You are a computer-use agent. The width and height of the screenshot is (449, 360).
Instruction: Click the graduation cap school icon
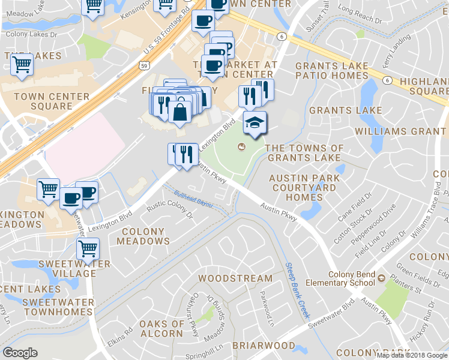(x=255, y=122)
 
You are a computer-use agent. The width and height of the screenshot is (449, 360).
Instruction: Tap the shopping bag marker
(x=179, y=112)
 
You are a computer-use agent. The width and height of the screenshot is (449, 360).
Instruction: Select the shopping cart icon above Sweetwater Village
(x=88, y=247)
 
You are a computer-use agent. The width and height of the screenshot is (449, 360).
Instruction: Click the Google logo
(x=20, y=353)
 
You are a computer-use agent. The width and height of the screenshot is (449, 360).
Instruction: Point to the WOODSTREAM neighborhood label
(x=235, y=278)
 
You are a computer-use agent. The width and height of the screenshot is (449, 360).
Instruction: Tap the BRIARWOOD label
(x=263, y=346)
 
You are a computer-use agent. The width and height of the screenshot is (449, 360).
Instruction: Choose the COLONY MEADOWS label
(x=143, y=236)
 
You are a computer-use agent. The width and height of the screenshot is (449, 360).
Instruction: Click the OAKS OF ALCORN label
(x=161, y=329)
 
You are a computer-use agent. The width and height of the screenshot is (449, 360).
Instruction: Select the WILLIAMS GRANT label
(x=400, y=131)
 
